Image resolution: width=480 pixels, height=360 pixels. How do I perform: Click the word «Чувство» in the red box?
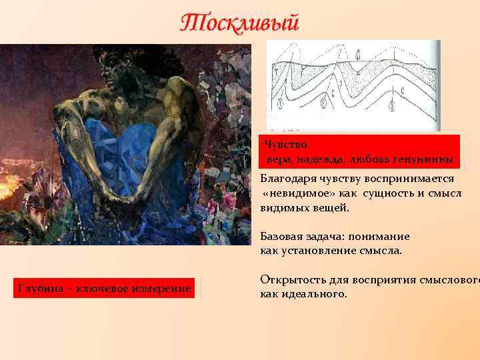pos(285,144)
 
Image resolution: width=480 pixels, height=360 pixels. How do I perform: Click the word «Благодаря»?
pos(287,179)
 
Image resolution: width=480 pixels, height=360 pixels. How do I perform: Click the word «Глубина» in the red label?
pos(39,288)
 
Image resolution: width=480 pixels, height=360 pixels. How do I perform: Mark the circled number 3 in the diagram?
pos(392,106)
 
